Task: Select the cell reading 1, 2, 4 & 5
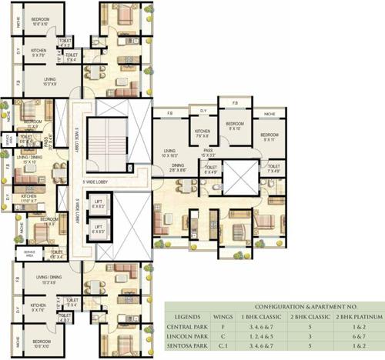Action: (266, 337)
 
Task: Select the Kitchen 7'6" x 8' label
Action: (203, 135)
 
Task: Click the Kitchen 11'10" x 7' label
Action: (29, 198)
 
